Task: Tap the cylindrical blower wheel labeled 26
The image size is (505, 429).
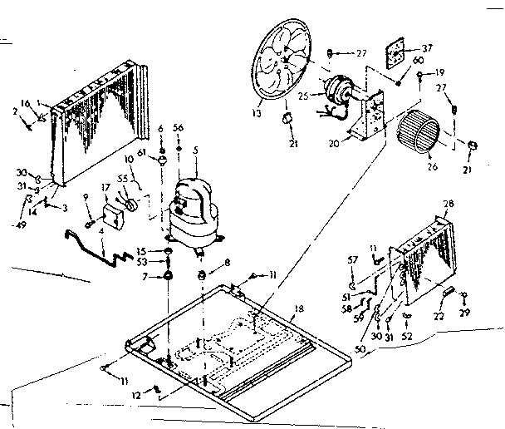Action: (420, 132)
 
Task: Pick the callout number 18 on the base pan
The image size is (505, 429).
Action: (297, 308)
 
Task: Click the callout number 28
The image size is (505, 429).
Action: (448, 205)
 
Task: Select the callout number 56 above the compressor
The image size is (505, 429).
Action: (177, 127)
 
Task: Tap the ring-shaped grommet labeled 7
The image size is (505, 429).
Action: (169, 275)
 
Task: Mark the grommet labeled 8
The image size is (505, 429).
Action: (202, 275)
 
